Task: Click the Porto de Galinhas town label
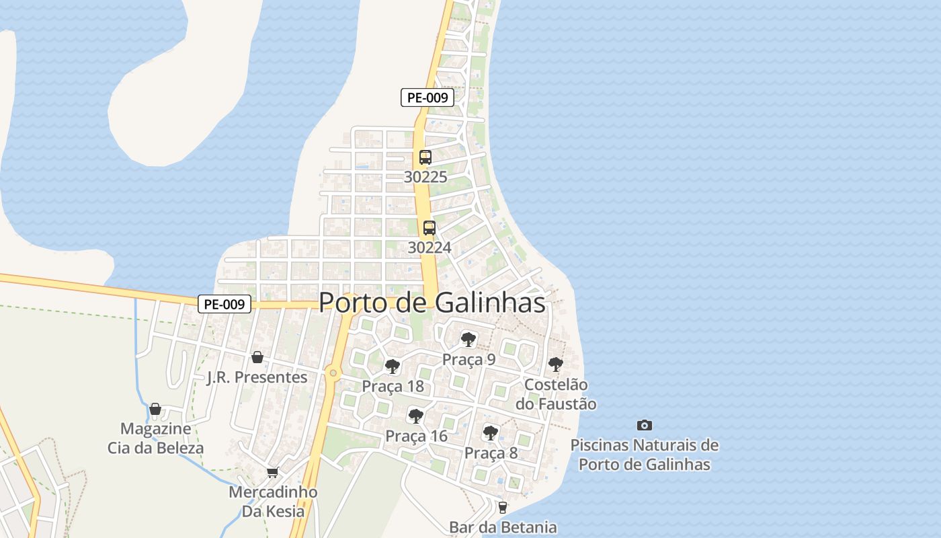[432, 303]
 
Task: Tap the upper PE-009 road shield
[427, 98]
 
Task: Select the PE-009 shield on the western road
[224, 304]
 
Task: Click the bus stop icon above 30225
[425, 157]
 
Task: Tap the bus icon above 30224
[429, 228]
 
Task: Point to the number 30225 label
[425, 178]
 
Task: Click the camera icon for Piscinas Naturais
[644, 425]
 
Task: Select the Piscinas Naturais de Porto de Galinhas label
[644, 455]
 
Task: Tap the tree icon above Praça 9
[468, 339]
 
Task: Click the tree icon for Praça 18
[393, 367]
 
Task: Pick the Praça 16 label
[416, 436]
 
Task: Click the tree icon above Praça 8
[491, 432]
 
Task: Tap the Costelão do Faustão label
[555, 394]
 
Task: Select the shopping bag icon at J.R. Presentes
[257, 357]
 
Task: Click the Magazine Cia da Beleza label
[155, 438]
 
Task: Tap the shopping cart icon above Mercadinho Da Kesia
[272, 472]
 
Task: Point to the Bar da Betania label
[503, 527]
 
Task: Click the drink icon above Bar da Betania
[502, 507]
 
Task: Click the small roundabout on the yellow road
[332, 372]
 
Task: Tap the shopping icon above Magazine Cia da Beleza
[155, 409]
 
